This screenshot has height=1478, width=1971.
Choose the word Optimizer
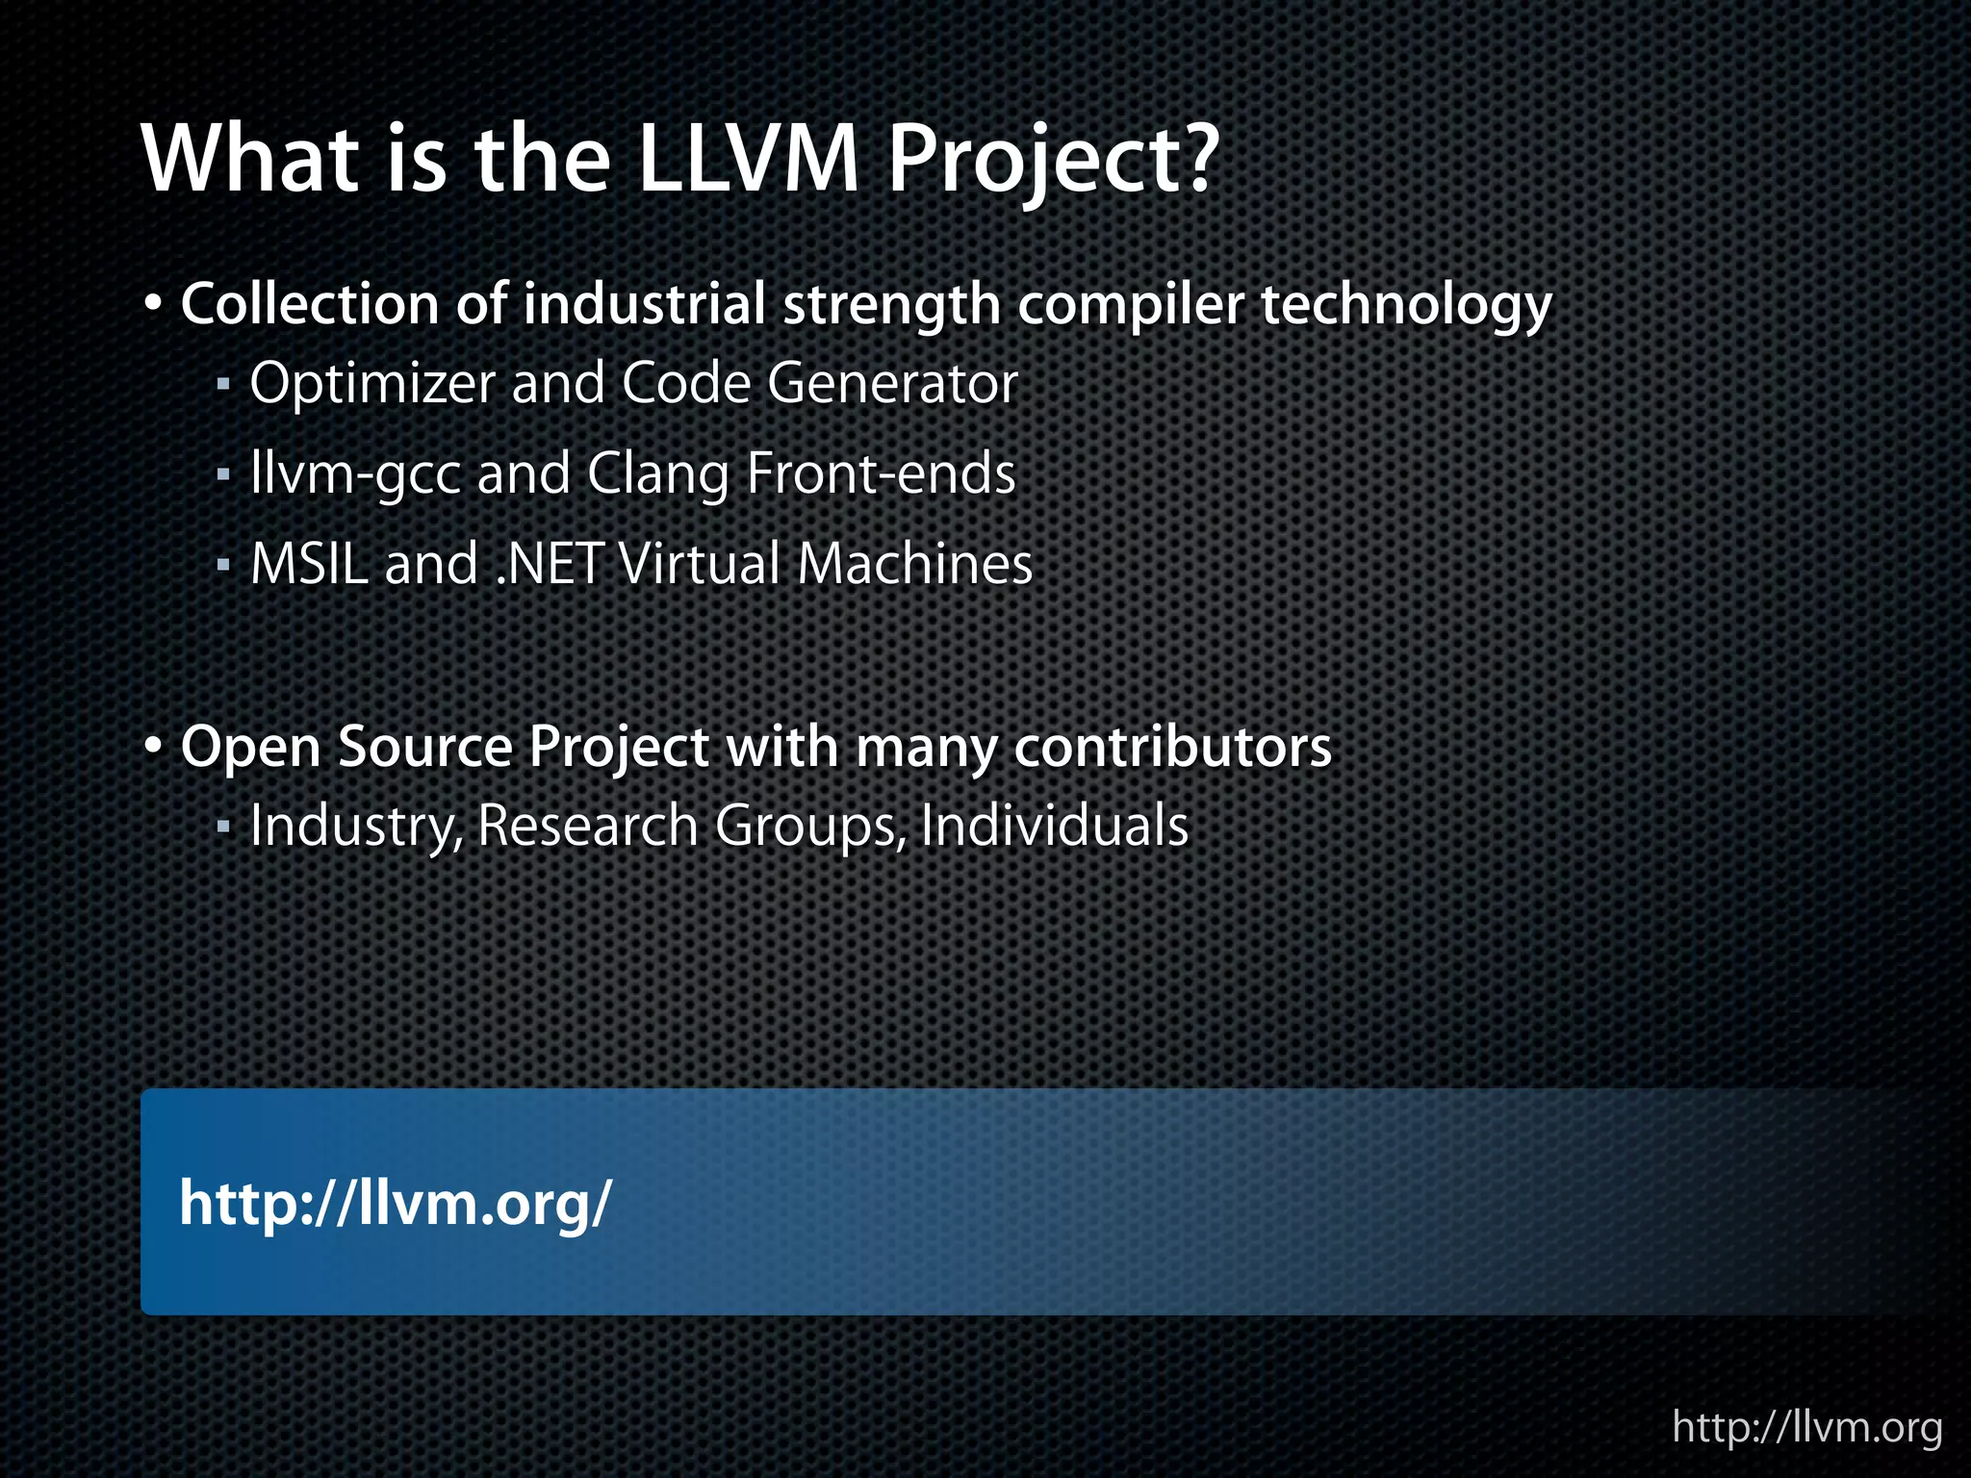tap(372, 384)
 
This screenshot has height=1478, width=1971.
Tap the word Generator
tap(892, 384)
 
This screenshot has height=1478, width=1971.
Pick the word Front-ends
tap(881, 474)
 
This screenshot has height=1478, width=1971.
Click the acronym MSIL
tap(309, 564)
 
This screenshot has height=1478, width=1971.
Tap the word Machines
tap(914, 564)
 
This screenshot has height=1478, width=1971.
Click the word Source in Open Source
tap(425, 748)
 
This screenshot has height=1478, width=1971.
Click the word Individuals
tap(1054, 827)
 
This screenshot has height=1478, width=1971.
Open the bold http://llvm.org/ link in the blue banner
tap(395, 1203)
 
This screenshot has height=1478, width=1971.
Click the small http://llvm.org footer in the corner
tap(1806, 1426)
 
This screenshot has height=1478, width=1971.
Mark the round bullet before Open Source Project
tap(153, 747)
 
